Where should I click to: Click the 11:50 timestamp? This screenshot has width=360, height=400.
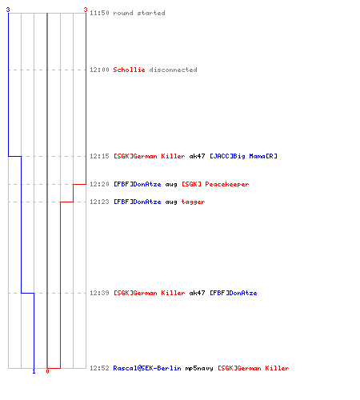(99, 13)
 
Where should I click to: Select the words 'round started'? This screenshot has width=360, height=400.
(139, 13)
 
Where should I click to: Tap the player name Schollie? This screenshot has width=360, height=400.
(129, 70)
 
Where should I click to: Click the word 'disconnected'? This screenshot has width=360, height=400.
(174, 70)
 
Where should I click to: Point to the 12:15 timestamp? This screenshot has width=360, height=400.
(99, 156)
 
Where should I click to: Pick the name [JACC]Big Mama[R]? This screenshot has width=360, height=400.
(243, 156)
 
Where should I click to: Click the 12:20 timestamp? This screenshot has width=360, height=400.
(99, 184)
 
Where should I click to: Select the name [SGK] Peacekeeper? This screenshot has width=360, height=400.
(215, 184)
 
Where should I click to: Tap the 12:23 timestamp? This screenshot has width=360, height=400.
(99, 202)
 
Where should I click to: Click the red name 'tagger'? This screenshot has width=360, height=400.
(193, 202)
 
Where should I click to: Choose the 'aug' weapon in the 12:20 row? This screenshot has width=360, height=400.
(171, 185)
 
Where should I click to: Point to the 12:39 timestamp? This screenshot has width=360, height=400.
(99, 293)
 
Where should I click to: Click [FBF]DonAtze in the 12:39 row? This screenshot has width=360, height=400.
(234, 293)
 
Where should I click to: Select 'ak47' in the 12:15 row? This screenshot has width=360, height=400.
(197, 156)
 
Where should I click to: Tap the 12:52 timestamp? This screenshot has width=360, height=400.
(99, 368)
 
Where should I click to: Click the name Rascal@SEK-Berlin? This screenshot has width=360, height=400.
(147, 368)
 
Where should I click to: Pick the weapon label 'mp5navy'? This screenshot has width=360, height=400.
(199, 369)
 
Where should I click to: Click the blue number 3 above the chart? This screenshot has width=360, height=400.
(8, 10)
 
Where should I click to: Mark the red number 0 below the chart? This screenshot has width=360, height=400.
(47, 371)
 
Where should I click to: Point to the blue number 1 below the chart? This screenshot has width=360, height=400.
(34, 371)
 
